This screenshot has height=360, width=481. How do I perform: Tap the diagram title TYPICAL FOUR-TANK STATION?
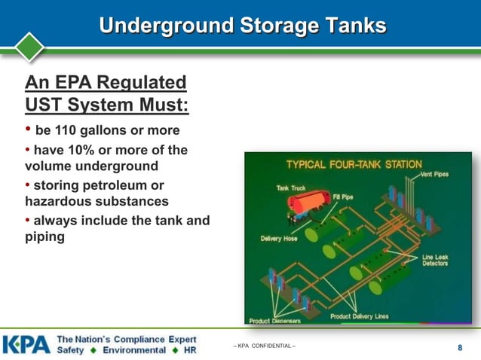(x=352, y=164)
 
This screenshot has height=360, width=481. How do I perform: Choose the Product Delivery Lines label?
(x=359, y=316)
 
